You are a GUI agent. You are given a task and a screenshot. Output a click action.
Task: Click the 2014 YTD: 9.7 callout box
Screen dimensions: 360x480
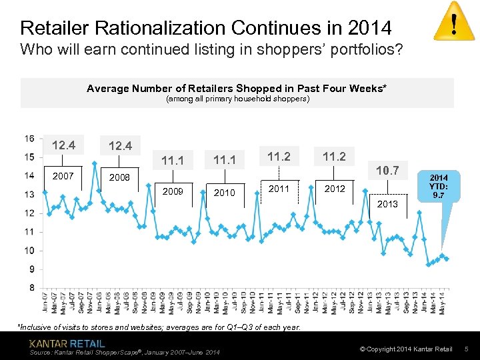click(x=438, y=187)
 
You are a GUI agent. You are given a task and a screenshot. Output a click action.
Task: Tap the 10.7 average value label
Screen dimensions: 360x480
click(x=387, y=171)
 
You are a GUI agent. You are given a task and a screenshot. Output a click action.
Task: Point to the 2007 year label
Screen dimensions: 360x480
click(x=62, y=177)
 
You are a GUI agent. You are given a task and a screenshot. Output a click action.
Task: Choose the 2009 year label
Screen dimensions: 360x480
click(x=173, y=192)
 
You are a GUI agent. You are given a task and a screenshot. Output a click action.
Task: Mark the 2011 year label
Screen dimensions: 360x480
click(x=279, y=189)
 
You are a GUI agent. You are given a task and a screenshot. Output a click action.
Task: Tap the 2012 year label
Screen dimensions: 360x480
click(x=335, y=189)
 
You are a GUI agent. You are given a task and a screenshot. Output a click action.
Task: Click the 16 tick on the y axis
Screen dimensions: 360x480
click(x=29, y=139)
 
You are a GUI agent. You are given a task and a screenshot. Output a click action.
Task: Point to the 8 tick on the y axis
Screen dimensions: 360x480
click(x=31, y=288)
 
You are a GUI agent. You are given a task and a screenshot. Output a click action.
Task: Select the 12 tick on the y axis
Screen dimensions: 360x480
click(x=29, y=213)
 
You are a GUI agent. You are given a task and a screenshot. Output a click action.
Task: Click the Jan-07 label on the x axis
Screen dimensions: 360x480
click(x=45, y=303)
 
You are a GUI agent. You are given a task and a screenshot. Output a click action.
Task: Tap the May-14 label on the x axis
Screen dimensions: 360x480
click(x=443, y=303)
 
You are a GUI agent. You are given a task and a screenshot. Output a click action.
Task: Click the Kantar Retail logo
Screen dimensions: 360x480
click(x=67, y=343)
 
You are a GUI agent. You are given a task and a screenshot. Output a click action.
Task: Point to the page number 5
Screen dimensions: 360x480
click(x=467, y=349)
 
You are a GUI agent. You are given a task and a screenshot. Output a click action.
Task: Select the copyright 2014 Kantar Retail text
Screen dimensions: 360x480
click(x=405, y=349)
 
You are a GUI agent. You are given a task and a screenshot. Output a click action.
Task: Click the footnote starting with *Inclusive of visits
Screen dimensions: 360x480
click(x=159, y=327)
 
